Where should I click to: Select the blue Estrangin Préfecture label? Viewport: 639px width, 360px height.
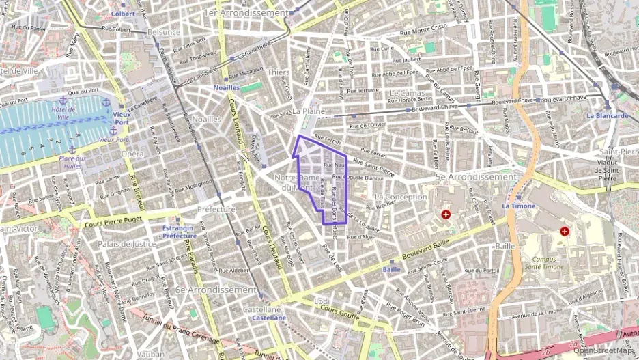(180, 232)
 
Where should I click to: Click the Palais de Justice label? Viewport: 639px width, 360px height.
(128, 243)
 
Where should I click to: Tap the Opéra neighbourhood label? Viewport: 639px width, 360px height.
(132, 154)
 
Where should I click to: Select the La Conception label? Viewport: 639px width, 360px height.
(401, 197)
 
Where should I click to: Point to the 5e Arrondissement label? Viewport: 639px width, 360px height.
(476, 177)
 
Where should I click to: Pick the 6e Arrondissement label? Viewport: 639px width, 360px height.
(216, 290)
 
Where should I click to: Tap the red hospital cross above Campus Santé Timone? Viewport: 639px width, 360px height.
(565, 232)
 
